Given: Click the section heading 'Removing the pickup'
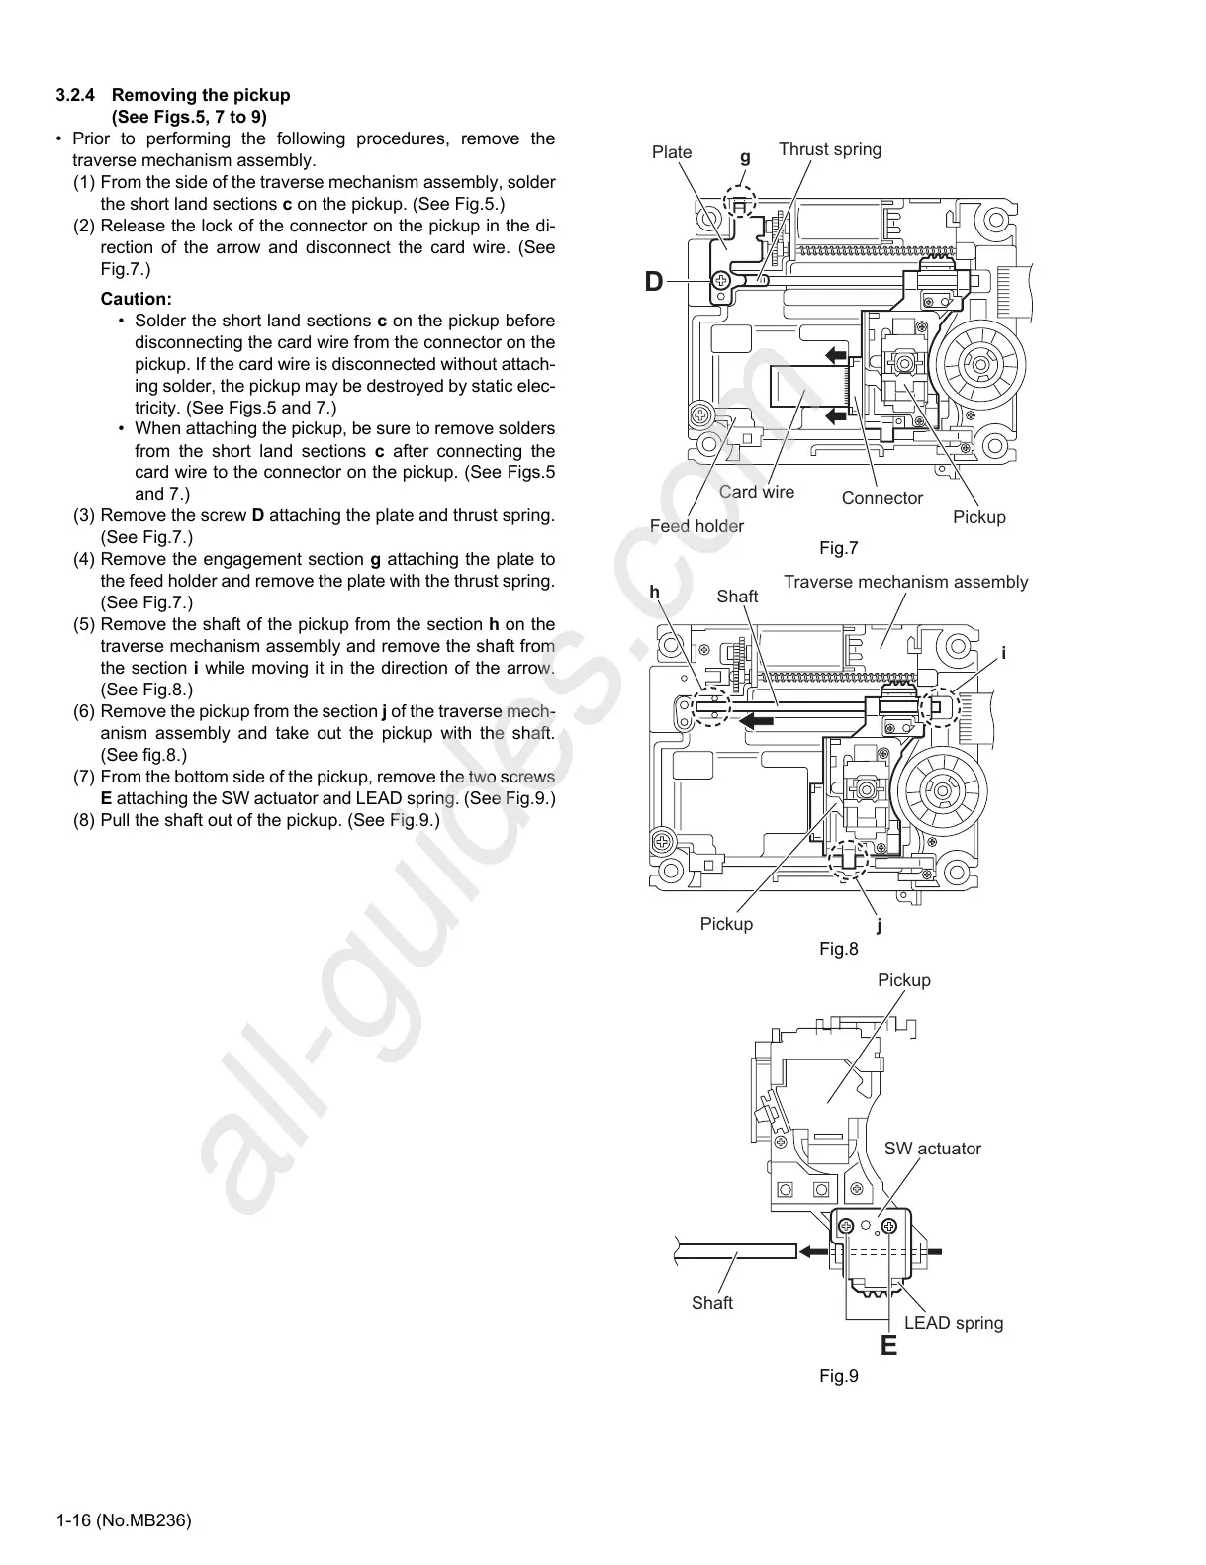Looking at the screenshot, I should point(201,96).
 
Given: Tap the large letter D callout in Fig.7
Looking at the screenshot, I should point(654,282).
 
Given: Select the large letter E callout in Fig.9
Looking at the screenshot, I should point(888,1345).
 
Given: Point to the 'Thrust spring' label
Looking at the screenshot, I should point(829,149).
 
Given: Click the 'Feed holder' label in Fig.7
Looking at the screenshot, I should point(696,526).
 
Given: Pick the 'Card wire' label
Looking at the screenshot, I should point(756,492).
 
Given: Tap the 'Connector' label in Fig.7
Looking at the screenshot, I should point(881,498).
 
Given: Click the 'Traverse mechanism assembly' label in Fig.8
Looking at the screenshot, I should point(905,582).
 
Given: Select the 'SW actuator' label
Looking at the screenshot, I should point(932,1149).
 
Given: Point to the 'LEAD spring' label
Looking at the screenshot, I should point(953,1323).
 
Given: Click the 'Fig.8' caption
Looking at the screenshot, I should point(839,949).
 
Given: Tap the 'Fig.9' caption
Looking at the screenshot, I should point(839,1376).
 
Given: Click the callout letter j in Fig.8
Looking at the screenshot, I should point(879,927).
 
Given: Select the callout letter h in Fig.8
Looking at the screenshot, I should point(654,592).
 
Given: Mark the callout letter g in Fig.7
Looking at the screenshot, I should point(745,157).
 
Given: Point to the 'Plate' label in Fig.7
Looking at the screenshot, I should point(672,152).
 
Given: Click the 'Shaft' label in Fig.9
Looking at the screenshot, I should point(711,1303).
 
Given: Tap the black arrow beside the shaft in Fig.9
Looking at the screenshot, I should point(813,1251).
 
